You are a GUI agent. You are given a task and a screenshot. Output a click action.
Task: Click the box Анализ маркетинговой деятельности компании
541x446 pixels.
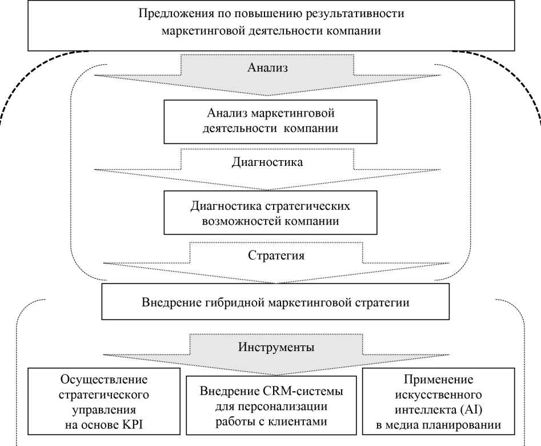click(x=269, y=121)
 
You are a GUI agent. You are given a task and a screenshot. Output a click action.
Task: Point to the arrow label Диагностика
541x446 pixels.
click(x=267, y=162)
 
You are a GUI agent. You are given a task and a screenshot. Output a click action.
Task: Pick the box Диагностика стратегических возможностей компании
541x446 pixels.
click(x=269, y=213)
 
